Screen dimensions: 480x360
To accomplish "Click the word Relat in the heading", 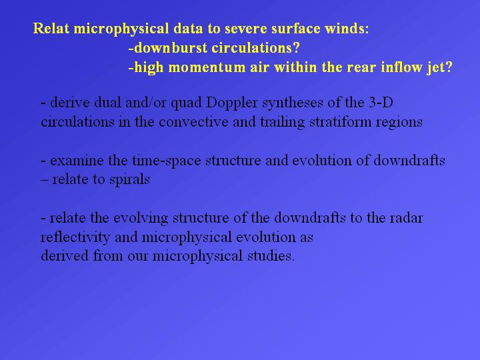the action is click(x=51, y=29).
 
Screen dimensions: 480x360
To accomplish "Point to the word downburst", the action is click(x=171, y=48).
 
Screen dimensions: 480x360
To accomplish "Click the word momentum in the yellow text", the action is click(x=207, y=67).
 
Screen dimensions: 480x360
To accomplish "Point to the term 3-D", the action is click(x=381, y=102).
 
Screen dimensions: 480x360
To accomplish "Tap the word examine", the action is click(x=77, y=161).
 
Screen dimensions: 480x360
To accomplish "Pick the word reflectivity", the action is click(x=75, y=237).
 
